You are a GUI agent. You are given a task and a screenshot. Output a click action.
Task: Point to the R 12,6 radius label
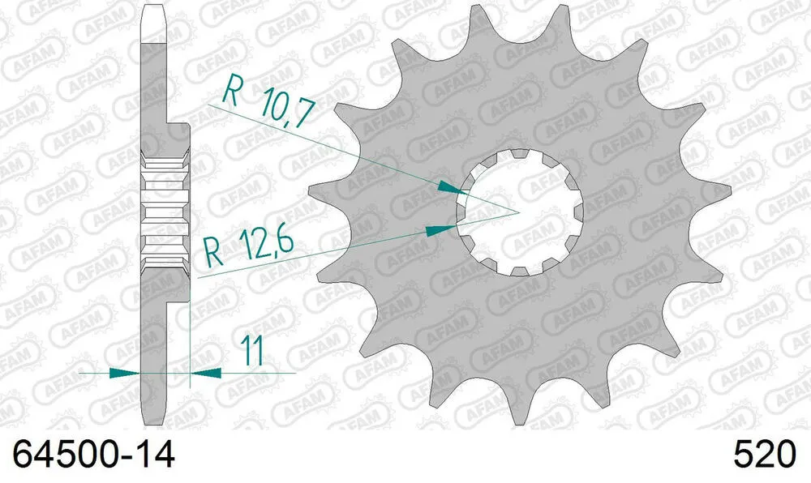247,246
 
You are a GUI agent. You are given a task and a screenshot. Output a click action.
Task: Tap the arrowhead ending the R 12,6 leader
439,229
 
